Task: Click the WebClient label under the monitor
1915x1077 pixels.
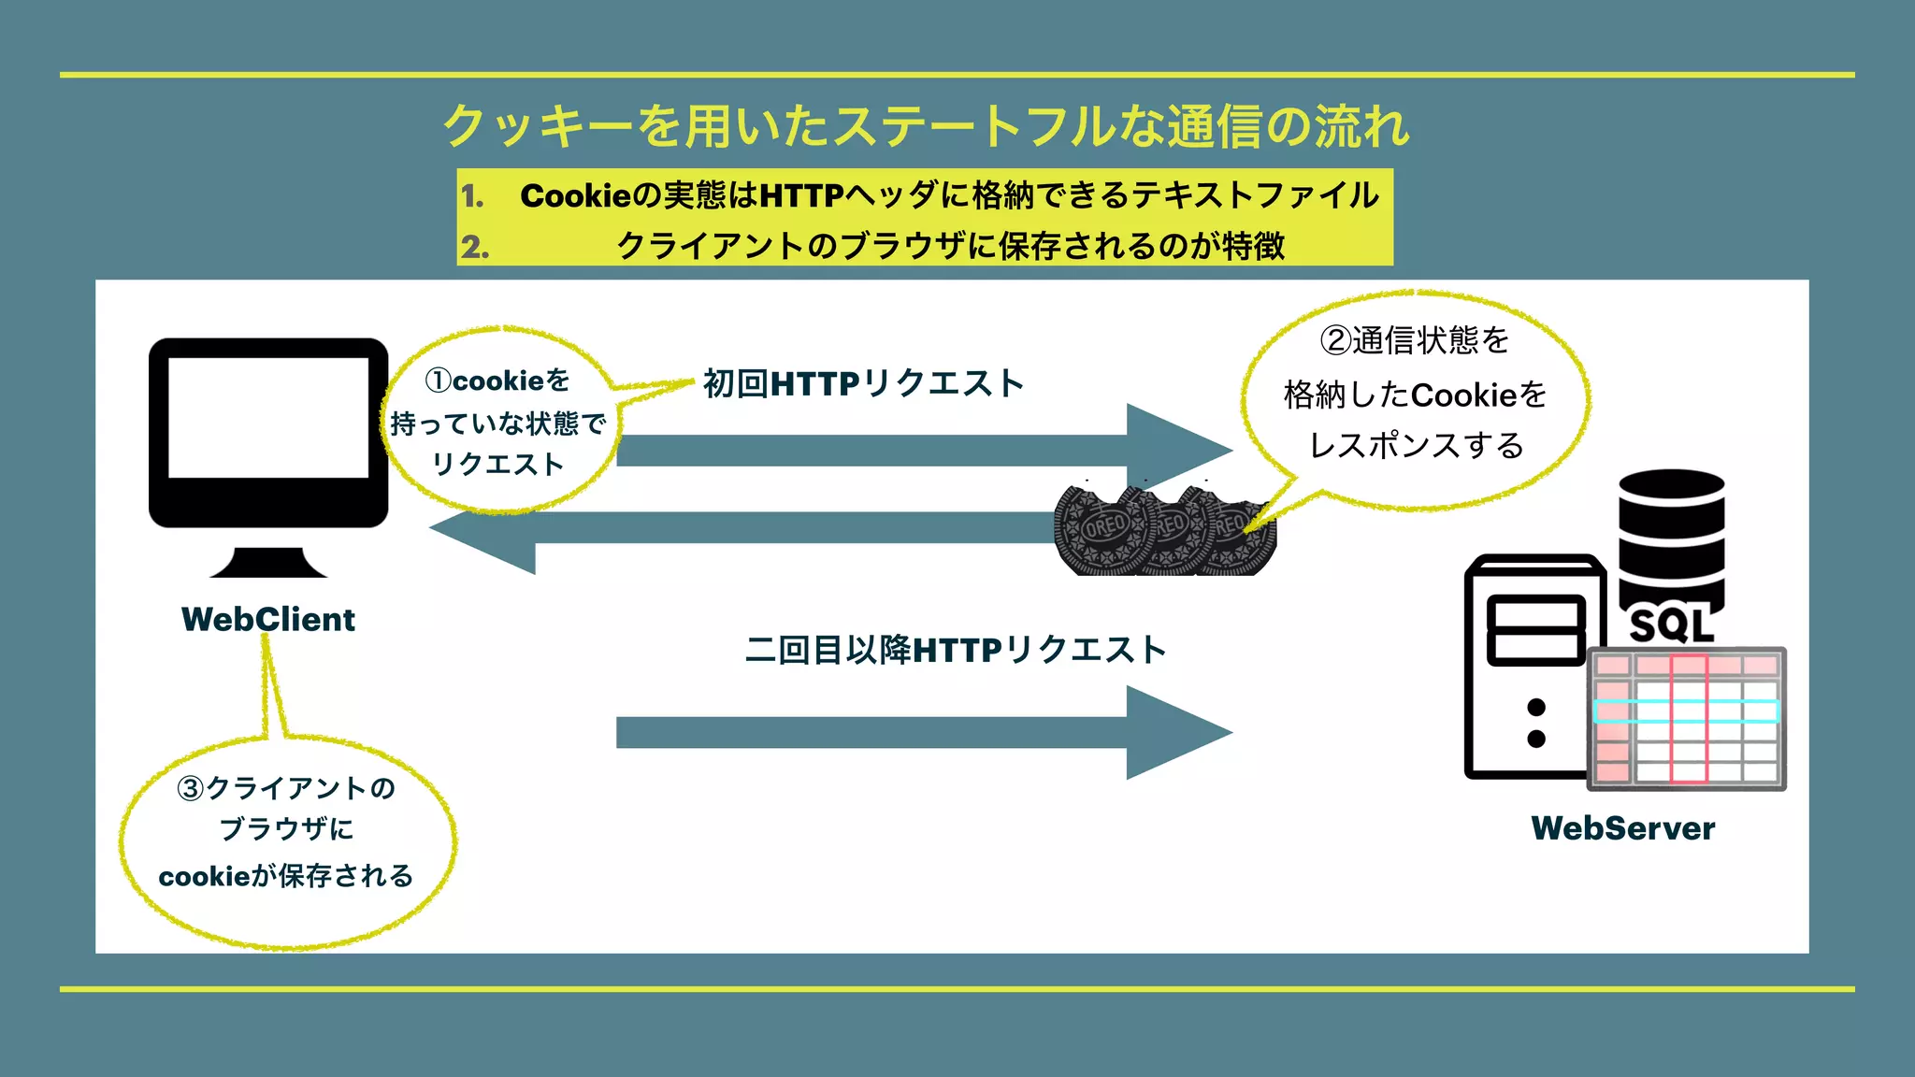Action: coord(268,620)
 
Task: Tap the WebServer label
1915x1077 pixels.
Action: coord(1622,828)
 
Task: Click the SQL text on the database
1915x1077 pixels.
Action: coord(1671,625)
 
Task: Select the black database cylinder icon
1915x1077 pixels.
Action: coord(1671,533)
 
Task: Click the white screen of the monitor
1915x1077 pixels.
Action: coord(268,417)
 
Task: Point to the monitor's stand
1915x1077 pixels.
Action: coord(268,563)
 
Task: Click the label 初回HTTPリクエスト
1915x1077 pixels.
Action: coord(863,383)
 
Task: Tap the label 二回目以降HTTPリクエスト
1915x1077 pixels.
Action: coord(956,650)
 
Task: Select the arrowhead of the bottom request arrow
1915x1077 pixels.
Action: coord(1178,733)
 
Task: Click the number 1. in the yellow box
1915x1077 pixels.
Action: coord(473,196)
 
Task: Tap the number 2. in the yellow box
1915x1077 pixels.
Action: coord(474,247)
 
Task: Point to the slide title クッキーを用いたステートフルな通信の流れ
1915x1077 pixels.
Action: coord(926,126)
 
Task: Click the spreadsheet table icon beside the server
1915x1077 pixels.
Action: coord(1686,718)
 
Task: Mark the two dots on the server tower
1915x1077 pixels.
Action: coord(1535,723)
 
